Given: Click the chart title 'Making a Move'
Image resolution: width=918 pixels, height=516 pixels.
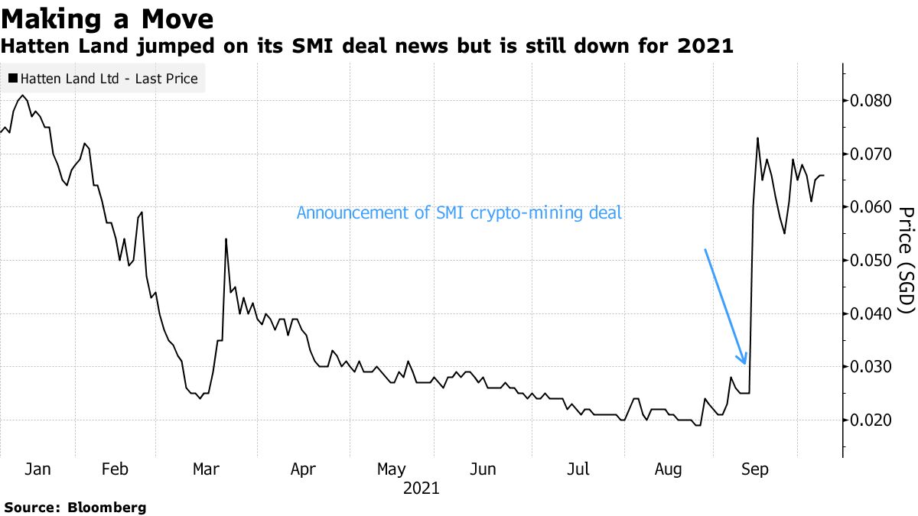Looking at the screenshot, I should pyautogui.click(x=107, y=17).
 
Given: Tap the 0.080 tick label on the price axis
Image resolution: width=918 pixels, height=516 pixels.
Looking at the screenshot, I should pyautogui.click(x=871, y=101).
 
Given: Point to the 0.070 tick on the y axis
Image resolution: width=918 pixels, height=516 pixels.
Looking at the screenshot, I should pyautogui.click(x=871, y=154).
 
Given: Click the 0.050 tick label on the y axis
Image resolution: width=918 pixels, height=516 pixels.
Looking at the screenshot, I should pyautogui.click(x=871, y=261).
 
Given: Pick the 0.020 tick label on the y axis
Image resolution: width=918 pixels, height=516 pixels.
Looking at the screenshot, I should pyautogui.click(x=871, y=420).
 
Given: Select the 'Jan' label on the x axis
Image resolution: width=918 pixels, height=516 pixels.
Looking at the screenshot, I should pyautogui.click(x=37, y=469).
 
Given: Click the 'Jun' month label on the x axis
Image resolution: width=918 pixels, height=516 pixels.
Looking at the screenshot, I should pyautogui.click(x=483, y=469).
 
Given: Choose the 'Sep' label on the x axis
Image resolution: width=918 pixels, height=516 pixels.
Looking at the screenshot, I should pyautogui.click(x=757, y=469).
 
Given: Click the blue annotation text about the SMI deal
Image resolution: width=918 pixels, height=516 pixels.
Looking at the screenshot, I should pyautogui.click(x=459, y=213).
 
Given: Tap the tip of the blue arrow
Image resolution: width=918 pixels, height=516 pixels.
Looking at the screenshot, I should pyautogui.click(x=744, y=364).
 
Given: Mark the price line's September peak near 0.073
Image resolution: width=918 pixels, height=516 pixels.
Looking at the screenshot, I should pyautogui.click(x=757, y=138).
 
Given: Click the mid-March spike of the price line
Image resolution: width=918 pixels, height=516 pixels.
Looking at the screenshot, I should pyautogui.click(x=226, y=239).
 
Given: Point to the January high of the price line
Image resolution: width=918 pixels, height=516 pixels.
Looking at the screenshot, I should pyautogui.click(x=23, y=96).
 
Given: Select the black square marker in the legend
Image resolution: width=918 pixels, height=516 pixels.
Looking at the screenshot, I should pyautogui.click(x=13, y=78).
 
